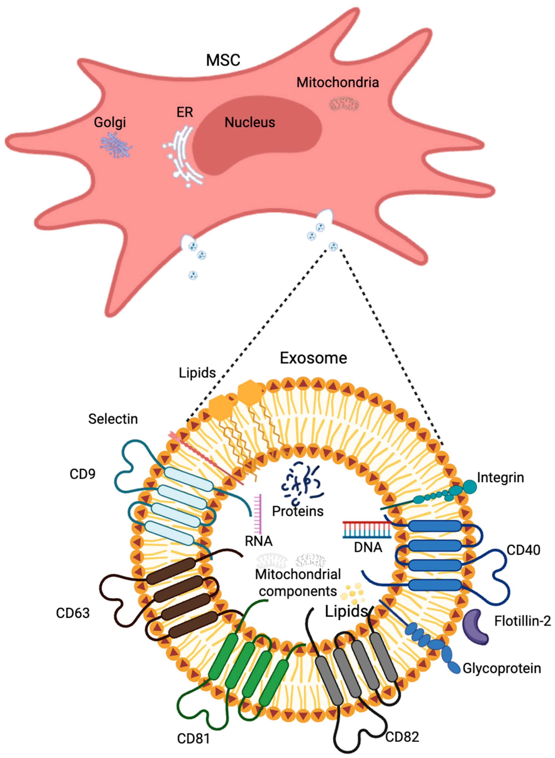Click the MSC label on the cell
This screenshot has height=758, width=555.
tap(223, 60)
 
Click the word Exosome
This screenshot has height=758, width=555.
tap(313, 358)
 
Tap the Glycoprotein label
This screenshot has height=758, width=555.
tap(502, 668)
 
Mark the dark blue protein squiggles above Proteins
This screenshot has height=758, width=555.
tap(302, 484)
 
